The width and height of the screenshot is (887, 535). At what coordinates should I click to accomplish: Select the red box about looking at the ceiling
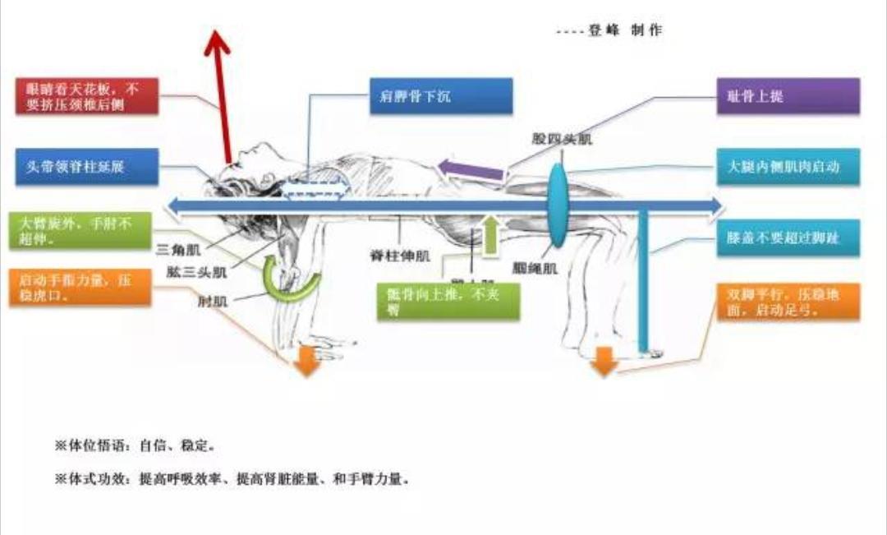coord(86,96)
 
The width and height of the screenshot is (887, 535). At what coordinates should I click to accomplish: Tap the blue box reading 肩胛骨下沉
coord(440,96)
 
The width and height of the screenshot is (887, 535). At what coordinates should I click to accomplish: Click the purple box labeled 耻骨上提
coord(788,96)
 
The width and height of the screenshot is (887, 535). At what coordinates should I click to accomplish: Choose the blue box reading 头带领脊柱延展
coord(86,166)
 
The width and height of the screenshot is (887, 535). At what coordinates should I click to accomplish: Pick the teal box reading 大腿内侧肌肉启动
coord(788,166)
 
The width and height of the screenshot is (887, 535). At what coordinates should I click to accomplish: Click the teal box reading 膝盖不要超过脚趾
coord(788,238)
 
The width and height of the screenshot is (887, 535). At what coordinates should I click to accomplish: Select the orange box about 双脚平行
coord(788,302)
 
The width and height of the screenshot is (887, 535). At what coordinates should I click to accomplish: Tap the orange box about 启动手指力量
coord(80,288)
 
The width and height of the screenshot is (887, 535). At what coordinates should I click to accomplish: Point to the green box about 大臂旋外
coord(80,231)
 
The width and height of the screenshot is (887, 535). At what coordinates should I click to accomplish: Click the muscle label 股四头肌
coord(562,140)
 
